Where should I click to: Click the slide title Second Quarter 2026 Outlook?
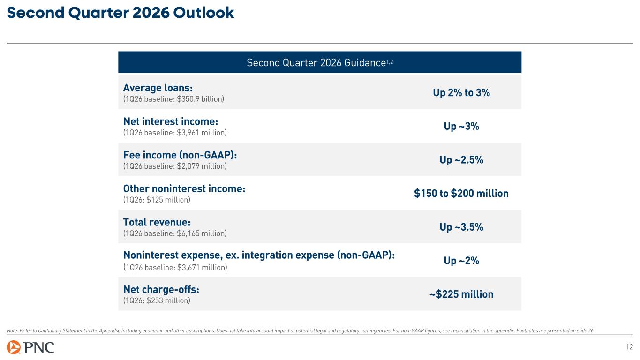[120, 13]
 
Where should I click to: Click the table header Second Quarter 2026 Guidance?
[319, 62]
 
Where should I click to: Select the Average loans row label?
[158, 88]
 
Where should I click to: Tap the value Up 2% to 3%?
[461, 93]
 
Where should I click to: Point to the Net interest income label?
[171, 121]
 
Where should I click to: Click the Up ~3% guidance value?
[461, 127]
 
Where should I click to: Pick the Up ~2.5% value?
[461, 160]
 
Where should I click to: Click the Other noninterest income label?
[184, 188]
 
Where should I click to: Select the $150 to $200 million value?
[461, 194]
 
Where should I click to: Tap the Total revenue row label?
[157, 222]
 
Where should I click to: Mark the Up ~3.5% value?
[461, 227]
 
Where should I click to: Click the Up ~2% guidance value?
[461, 261]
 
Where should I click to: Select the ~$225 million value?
[461, 294]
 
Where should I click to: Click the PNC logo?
[30, 347]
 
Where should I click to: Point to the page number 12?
[628, 347]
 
